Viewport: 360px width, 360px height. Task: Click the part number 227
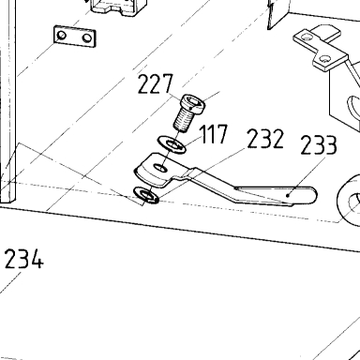point(155,84)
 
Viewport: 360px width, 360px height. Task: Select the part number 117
point(214,134)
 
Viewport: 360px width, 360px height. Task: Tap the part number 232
point(265,139)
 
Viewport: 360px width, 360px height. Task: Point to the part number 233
point(319,145)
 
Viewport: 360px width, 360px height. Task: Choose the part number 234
point(23,259)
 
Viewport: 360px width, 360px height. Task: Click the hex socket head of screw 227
point(194,103)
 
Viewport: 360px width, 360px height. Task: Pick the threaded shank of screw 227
point(184,120)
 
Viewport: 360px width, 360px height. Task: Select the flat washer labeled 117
point(172,144)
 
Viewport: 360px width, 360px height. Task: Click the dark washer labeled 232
point(146,195)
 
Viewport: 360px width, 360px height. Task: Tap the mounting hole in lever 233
point(160,168)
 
